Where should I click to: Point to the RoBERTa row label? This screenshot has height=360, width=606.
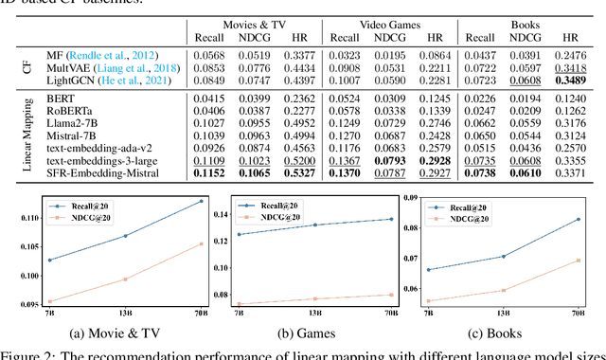tap(61, 110)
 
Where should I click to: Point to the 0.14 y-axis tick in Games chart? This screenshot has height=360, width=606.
tap(218, 215)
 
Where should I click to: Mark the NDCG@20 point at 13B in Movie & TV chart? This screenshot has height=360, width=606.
tap(125, 279)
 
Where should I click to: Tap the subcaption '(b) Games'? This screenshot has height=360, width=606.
tap(303, 333)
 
